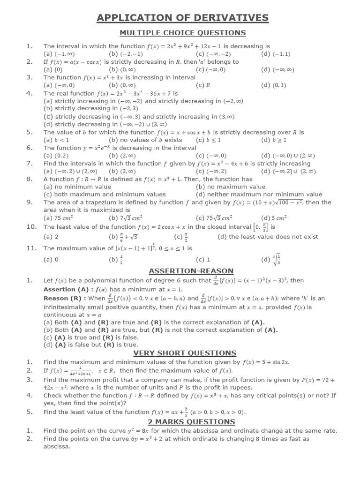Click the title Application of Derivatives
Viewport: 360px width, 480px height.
coord(182,18)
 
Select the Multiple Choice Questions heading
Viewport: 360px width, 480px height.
coord(182,33)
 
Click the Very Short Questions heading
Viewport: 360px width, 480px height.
coord(185,353)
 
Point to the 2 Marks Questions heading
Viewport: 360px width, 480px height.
coord(185,421)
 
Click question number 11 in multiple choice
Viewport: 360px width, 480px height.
coord(31,248)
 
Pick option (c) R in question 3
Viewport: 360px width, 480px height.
coord(202,85)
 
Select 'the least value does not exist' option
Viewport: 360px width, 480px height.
coord(268,237)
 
